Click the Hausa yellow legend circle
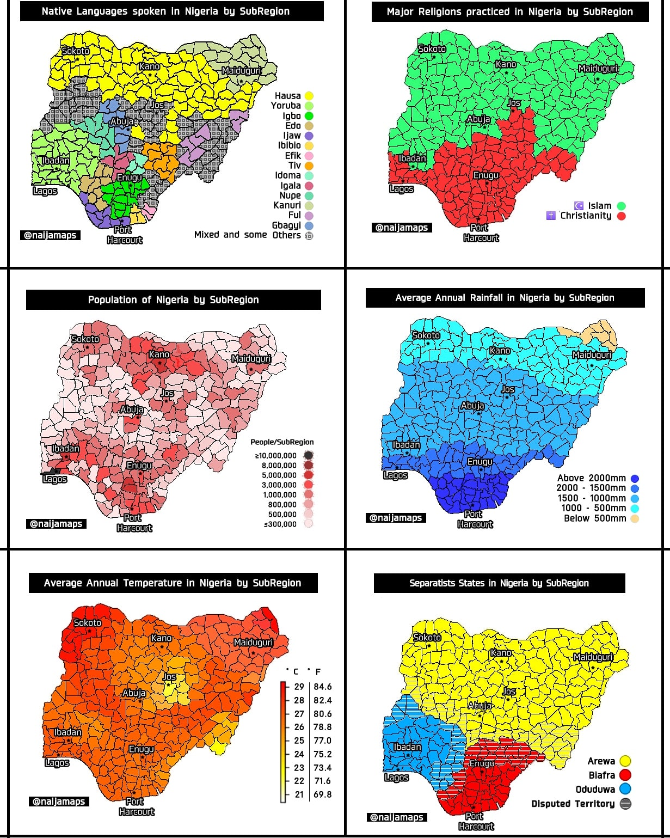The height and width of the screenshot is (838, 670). coord(309,96)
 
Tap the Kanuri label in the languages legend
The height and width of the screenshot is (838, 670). coord(287,205)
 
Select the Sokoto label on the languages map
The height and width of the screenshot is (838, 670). coord(76,51)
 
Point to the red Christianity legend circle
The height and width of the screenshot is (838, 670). coord(621,216)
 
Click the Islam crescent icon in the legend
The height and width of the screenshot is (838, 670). coord(579,206)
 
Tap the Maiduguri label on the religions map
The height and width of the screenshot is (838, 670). coord(598,69)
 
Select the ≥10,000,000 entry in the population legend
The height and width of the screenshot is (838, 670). coord(276,456)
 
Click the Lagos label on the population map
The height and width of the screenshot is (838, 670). coord(54,479)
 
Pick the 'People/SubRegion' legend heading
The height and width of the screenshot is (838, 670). coord(282,442)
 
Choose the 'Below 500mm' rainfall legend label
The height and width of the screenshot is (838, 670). coord(595,518)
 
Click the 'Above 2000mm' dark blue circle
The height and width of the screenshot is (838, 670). coord(635,479)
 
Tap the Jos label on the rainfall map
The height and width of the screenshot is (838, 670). coord(508,389)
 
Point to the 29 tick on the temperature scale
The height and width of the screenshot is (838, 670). coord(299,687)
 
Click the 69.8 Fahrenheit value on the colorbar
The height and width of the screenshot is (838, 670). coord(322,794)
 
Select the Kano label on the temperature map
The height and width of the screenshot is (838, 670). coord(162,638)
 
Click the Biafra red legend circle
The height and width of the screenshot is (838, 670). coord(625,775)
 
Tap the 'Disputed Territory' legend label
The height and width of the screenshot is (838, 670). coord(573,804)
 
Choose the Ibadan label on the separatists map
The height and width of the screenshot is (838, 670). coord(407,747)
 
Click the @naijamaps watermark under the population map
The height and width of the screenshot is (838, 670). coord(56,524)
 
